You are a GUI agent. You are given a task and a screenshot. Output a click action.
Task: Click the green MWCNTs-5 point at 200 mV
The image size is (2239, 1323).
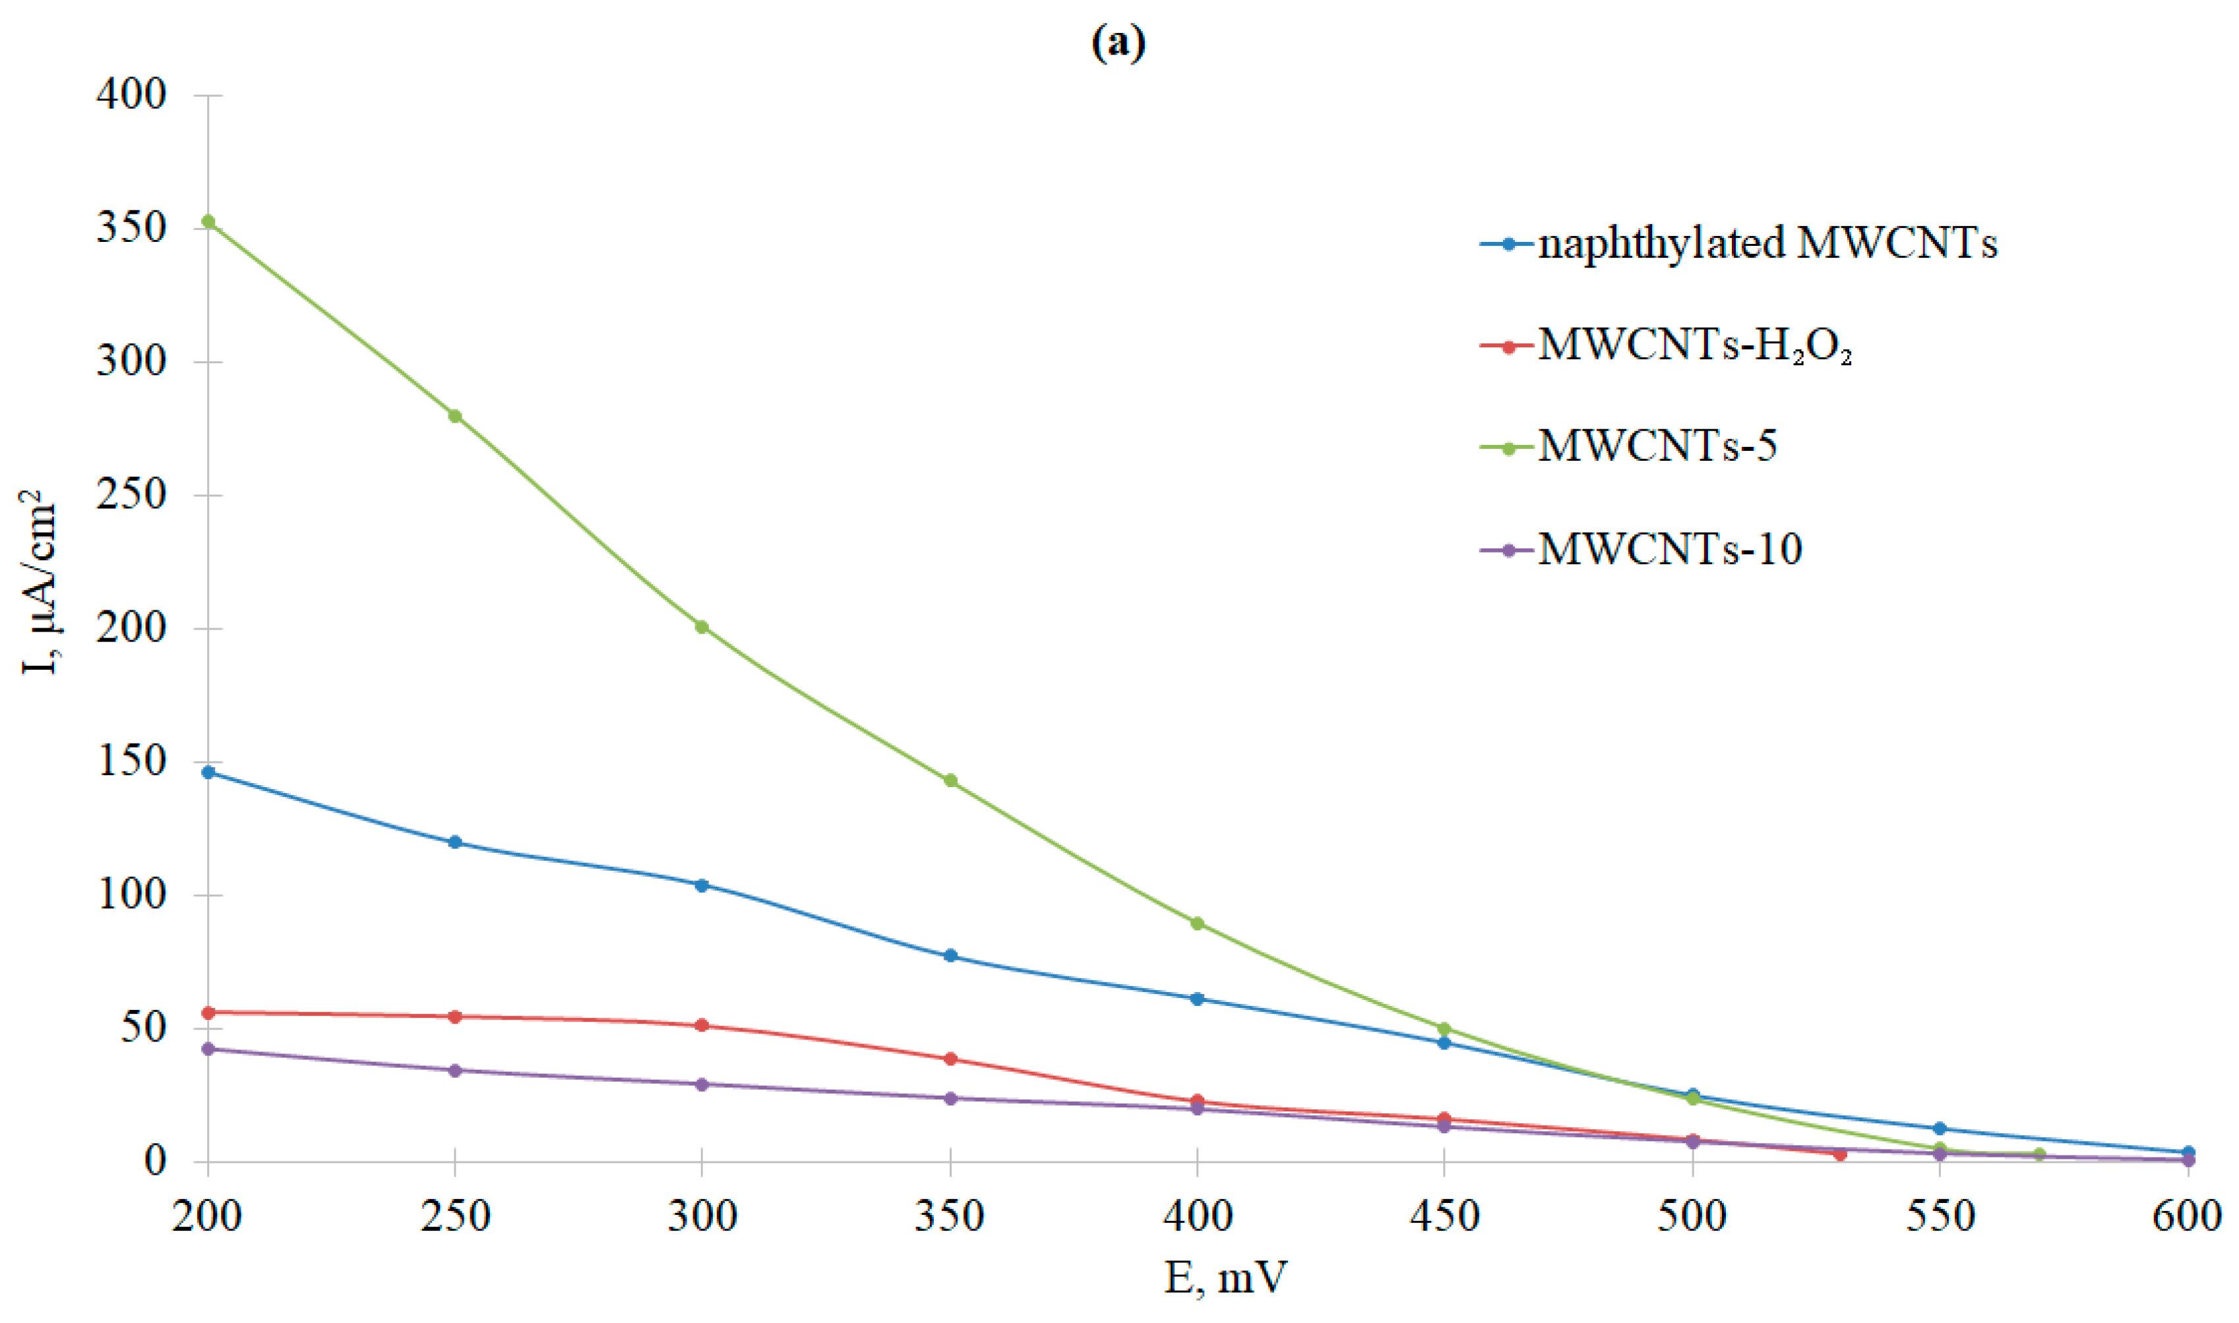(208, 221)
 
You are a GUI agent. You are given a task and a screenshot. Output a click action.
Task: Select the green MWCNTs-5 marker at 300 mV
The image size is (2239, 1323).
(702, 627)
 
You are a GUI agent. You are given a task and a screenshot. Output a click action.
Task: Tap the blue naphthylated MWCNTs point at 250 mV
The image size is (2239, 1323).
(455, 842)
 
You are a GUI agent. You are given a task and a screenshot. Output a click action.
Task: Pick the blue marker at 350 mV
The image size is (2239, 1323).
(950, 956)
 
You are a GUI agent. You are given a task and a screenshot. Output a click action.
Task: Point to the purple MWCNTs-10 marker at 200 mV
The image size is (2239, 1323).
(208, 1049)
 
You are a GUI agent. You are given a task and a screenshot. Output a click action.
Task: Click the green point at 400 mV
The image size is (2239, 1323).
(1198, 924)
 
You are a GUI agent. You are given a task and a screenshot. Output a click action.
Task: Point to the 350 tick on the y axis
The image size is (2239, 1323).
(132, 228)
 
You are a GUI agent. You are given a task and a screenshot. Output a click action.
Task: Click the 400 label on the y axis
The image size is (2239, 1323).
(132, 94)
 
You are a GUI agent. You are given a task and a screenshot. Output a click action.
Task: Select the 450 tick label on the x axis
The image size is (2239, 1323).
(1444, 1216)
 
